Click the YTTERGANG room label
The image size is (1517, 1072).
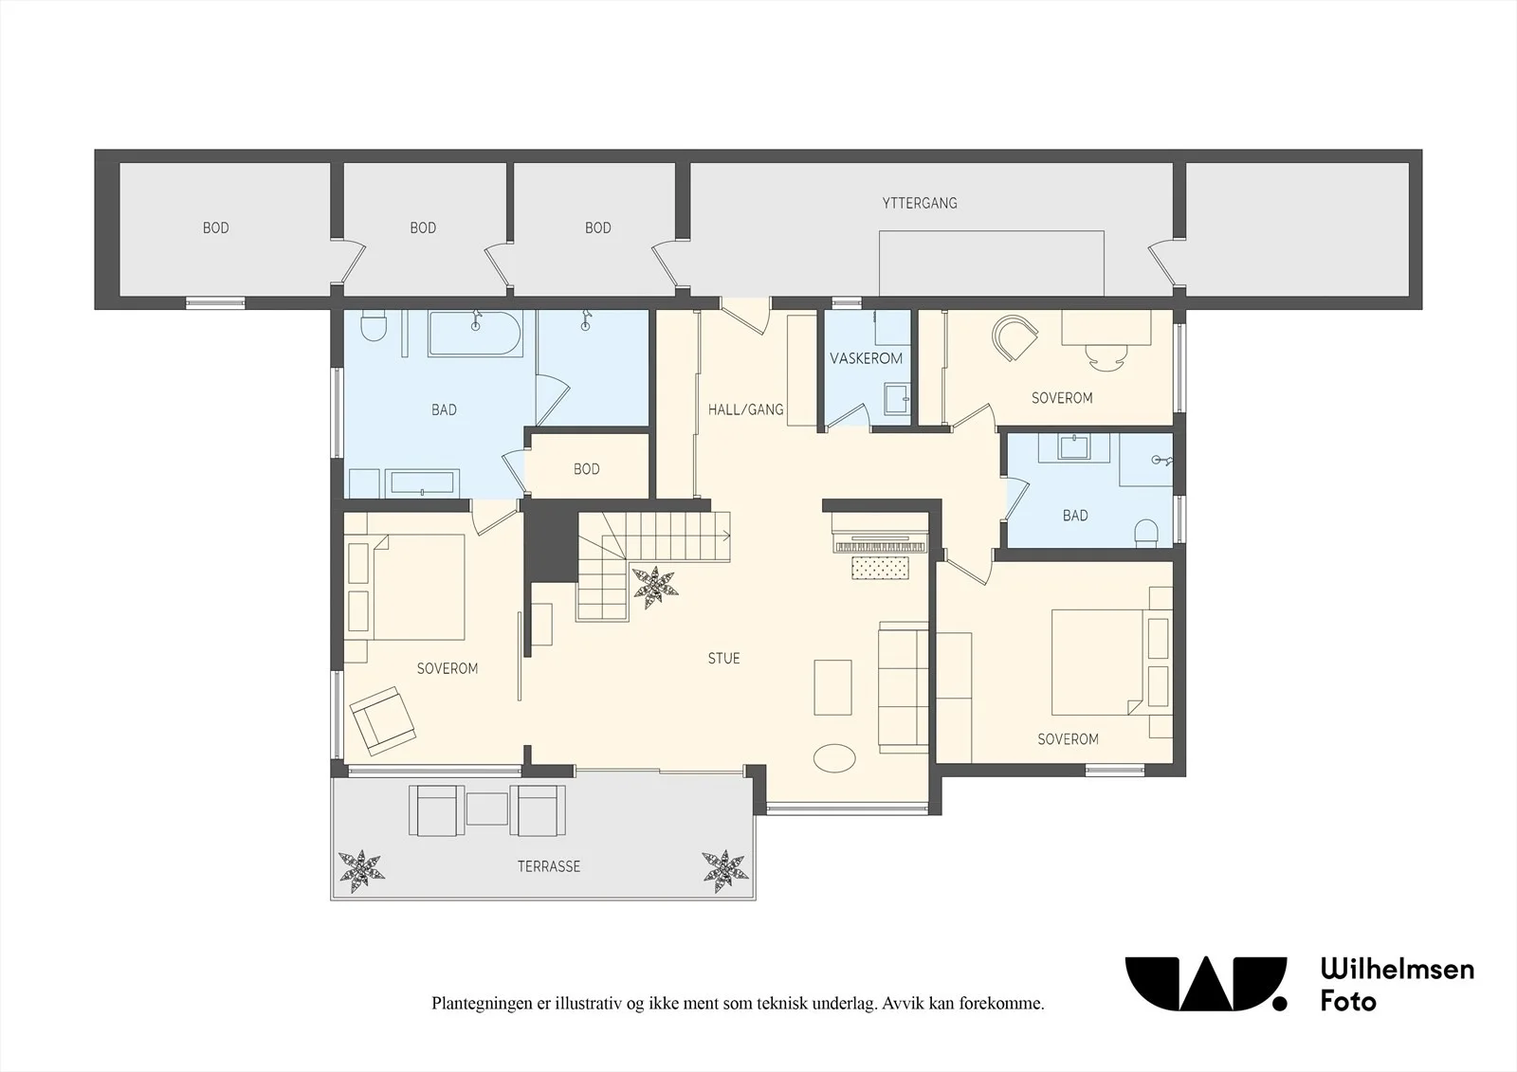(x=920, y=203)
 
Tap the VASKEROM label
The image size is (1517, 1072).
(x=867, y=359)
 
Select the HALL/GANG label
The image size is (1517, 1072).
(x=745, y=409)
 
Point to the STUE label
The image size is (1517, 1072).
(x=724, y=658)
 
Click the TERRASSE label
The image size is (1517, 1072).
(x=549, y=867)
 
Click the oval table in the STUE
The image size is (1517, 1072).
(x=834, y=757)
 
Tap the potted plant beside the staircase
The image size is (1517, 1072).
(x=655, y=587)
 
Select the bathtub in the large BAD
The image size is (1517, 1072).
(x=475, y=334)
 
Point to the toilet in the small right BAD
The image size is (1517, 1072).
(x=1146, y=533)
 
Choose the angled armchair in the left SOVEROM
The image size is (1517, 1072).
(x=382, y=721)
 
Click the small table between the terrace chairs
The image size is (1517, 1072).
(x=487, y=809)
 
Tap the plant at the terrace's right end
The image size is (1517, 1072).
(x=725, y=872)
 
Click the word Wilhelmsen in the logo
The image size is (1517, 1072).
(x=1398, y=970)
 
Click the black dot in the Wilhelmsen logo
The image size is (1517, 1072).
(x=1279, y=1003)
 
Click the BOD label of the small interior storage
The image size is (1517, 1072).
(x=587, y=469)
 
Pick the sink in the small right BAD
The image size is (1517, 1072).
(x=1074, y=448)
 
